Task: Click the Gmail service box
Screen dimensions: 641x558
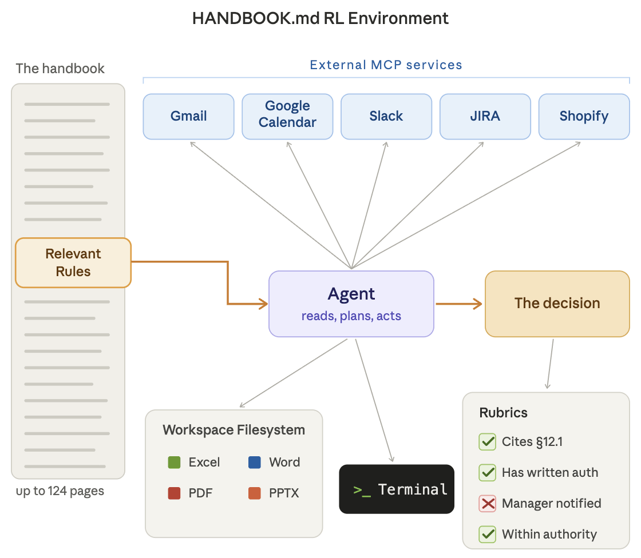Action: click(x=188, y=117)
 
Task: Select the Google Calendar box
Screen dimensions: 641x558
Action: click(x=287, y=117)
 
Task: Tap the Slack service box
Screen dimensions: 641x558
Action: click(x=386, y=117)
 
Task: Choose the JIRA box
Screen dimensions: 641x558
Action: click(x=485, y=117)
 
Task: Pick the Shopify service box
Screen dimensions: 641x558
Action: click(x=584, y=117)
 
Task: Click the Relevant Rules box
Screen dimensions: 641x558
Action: click(x=73, y=262)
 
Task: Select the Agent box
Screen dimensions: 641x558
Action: click(x=351, y=304)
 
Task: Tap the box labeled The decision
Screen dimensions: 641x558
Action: click(x=557, y=304)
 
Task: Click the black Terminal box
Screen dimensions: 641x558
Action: click(x=397, y=489)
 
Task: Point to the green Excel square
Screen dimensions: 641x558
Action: click(x=174, y=463)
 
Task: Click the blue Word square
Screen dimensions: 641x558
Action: click(x=255, y=463)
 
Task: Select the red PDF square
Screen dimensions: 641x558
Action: click(x=174, y=493)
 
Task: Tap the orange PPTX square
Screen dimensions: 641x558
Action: click(x=255, y=493)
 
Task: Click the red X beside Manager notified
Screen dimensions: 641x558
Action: click(x=487, y=503)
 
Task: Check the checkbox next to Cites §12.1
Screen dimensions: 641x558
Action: click(x=487, y=441)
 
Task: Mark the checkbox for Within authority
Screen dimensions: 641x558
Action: click(x=487, y=534)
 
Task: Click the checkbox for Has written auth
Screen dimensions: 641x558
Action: click(x=487, y=473)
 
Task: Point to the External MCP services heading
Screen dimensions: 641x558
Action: click(x=386, y=65)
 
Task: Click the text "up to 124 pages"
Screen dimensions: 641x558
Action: click(x=60, y=491)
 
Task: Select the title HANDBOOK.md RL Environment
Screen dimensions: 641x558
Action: click(x=320, y=18)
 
